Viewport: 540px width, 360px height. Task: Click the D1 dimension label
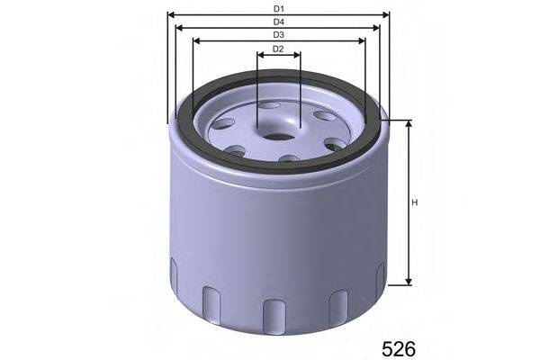pyautogui.click(x=279, y=7)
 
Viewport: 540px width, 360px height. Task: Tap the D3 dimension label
pyautogui.click(x=279, y=34)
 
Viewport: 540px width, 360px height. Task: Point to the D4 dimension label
pyautogui.click(x=279, y=21)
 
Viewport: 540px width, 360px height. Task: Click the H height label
pyautogui.click(x=415, y=202)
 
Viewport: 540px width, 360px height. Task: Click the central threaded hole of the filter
pyautogui.click(x=279, y=138)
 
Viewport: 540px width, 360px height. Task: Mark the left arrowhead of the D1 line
pyautogui.click(x=171, y=14)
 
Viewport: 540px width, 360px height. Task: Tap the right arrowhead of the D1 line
pyautogui.click(x=388, y=14)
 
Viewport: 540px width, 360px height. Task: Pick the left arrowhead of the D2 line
pyautogui.click(x=260, y=55)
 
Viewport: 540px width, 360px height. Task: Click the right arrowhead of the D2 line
pyautogui.click(x=298, y=55)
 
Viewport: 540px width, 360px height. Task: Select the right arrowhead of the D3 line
pyautogui.click(x=364, y=41)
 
